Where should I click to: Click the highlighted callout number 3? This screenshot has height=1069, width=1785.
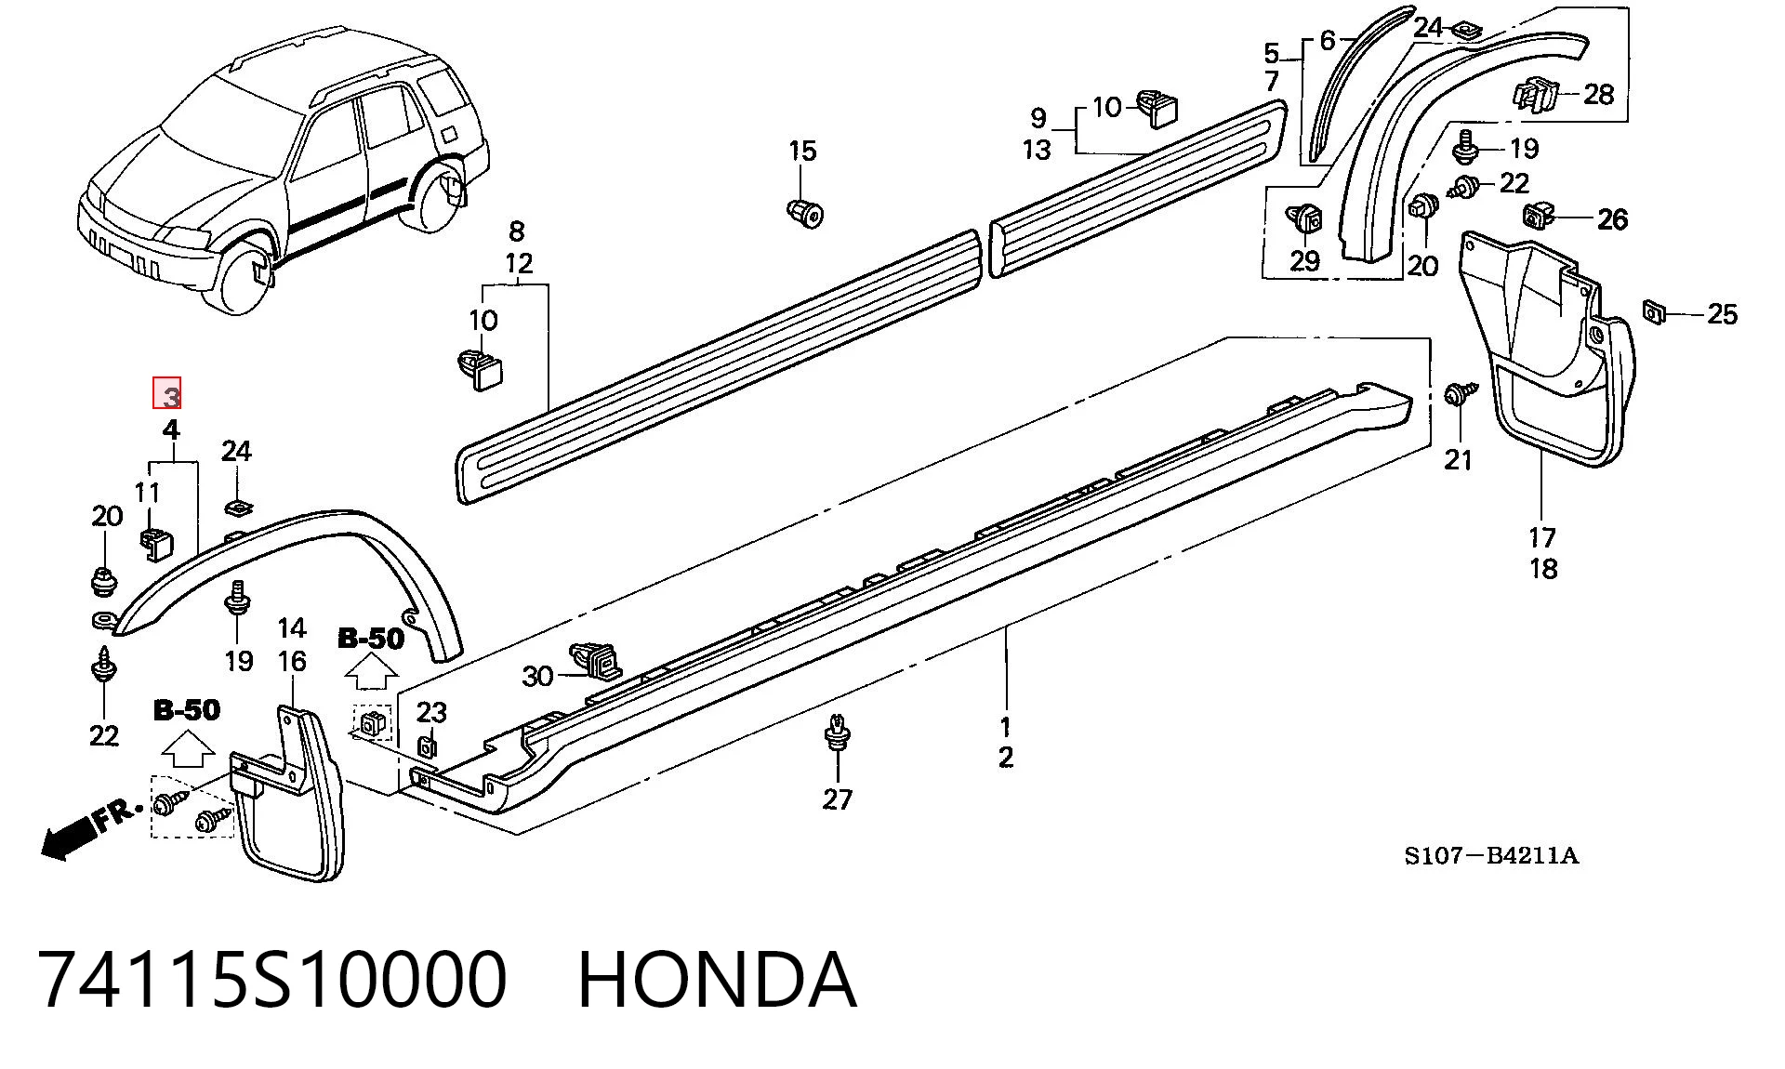tap(167, 394)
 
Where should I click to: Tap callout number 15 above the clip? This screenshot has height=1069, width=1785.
tap(802, 151)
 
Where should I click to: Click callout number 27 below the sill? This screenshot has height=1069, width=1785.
tap(837, 798)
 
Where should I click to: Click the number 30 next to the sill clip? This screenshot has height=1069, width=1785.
tap(537, 676)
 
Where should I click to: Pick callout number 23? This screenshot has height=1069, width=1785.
tap(431, 712)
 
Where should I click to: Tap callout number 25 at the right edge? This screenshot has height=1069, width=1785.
tap(1722, 314)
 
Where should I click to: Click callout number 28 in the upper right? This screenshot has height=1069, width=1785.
tap(1598, 94)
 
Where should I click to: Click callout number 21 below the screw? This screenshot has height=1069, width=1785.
tap(1458, 459)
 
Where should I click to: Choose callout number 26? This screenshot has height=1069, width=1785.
tap(1612, 219)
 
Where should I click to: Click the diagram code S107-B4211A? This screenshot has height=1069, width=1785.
tap(1491, 855)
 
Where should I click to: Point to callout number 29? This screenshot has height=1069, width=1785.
tap(1304, 261)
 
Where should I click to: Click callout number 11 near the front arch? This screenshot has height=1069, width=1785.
tap(147, 492)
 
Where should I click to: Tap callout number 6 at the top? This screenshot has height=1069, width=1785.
tap(1327, 41)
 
